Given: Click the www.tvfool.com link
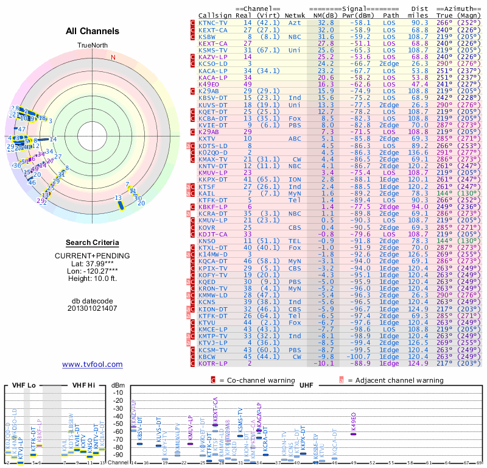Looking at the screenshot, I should [x=92, y=364].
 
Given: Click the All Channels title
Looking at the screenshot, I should [x=92, y=31].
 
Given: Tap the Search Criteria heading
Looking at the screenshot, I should [x=92, y=243].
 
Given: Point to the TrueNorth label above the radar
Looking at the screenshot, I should [x=92, y=46].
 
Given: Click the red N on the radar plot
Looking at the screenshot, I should [x=113, y=57].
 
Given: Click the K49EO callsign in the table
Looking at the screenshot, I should [x=209, y=84].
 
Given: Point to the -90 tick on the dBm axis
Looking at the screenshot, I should [x=119, y=454].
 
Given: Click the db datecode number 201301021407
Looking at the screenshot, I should [x=92, y=308].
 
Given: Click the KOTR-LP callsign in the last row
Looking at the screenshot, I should [x=212, y=363].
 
